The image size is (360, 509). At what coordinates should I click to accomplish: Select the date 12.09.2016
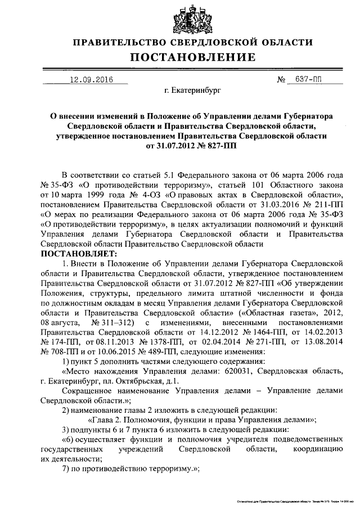coord(90,80)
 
